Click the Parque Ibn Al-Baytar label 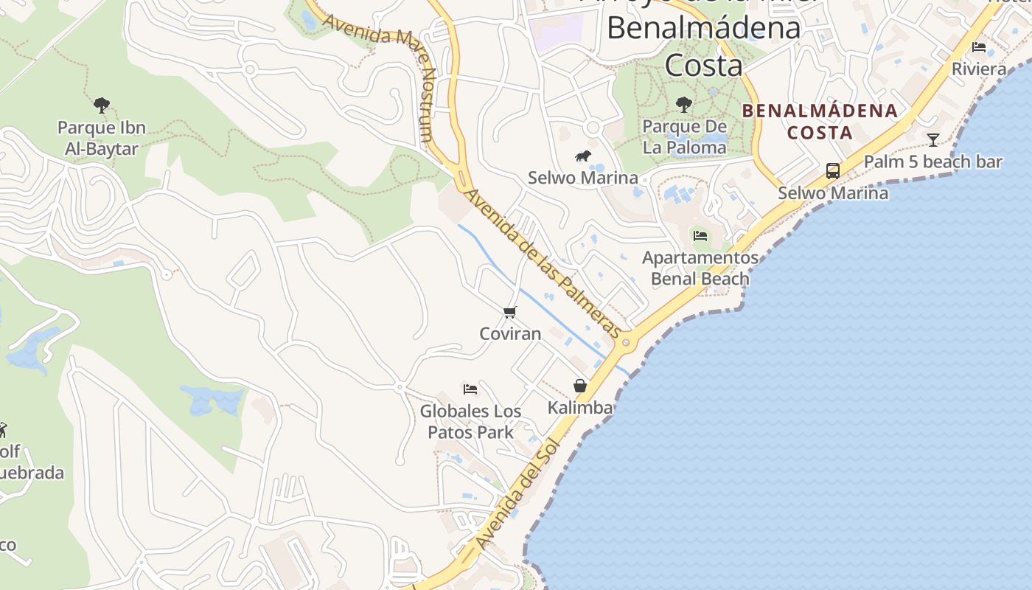point(102,138)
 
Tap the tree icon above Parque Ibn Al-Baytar point(102,105)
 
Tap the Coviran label point(510,333)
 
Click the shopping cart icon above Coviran point(510,312)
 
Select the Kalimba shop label point(580,407)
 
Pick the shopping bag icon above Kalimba point(580,386)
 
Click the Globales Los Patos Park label point(470,421)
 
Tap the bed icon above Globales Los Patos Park point(470,389)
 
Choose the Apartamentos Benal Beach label point(700,268)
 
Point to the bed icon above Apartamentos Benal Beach point(700,235)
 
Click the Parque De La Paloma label point(684,136)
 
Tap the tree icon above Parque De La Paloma point(684,105)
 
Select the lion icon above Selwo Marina point(583,156)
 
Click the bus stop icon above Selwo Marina point(833,171)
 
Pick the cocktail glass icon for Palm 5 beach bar point(933,139)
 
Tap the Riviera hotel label point(979,69)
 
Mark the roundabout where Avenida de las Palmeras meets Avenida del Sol point(627,342)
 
